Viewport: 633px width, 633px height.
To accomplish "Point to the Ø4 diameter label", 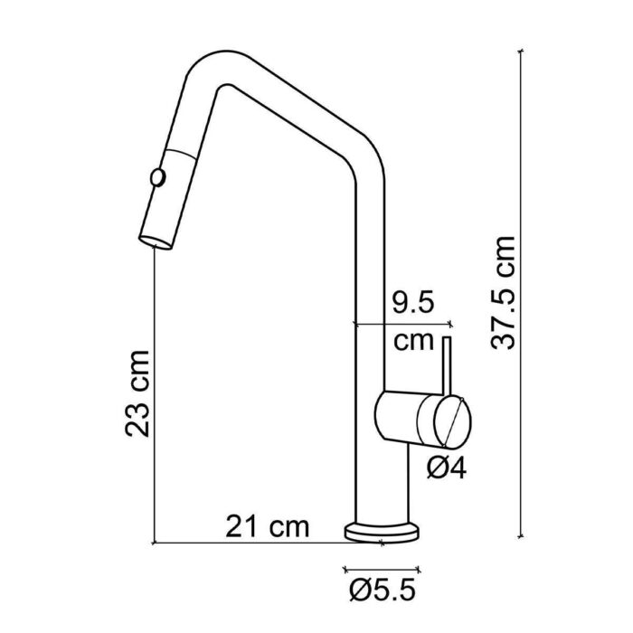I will [445, 468].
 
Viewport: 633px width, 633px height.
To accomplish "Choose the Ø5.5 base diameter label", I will [381, 591].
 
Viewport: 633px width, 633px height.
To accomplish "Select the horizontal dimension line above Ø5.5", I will [381, 569].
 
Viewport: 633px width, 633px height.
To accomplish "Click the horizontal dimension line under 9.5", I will [403, 323].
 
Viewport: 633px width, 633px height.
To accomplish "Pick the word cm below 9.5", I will [416, 344].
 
